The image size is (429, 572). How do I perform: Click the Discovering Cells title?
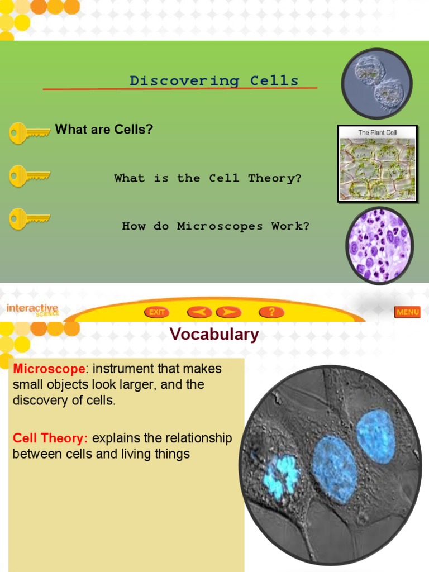[x=214, y=80]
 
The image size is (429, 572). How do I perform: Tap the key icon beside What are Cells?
[x=29, y=133]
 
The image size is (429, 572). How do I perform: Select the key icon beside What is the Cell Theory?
[x=29, y=176]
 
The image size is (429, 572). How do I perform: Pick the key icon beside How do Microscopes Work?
[x=29, y=218]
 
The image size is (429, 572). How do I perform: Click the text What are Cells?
[x=104, y=130]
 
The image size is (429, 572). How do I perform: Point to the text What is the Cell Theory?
[x=208, y=178]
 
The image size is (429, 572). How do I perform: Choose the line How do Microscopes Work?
[x=216, y=226]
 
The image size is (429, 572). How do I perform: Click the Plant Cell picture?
[x=378, y=163]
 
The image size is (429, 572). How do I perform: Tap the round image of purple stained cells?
[x=380, y=246]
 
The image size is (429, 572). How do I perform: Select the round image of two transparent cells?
[x=376, y=83]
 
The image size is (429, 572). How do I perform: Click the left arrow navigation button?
[x=199, y=312]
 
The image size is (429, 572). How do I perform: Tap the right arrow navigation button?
[x=228, y=312]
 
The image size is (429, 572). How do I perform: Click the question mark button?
[x=271, y=312]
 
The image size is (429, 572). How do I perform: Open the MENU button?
[x=407, y=312]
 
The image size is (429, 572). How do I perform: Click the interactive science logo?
[x=32, y=310]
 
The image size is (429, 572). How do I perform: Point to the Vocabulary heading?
[x=214, y=335]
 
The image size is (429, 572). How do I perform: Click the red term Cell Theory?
[x=51, y=438]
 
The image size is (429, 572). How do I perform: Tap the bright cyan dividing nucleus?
[x=280, y=476]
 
